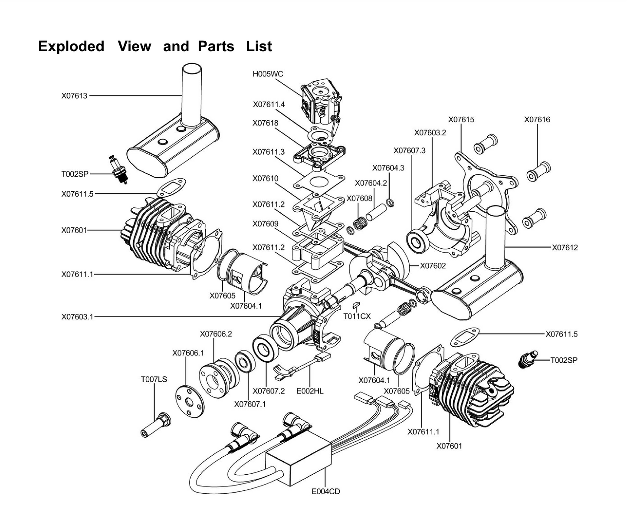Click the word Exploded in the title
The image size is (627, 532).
(71, 46)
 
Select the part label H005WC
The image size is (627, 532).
(268, 74)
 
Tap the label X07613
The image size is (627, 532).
(74, 96)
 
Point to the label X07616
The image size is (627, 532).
(537, 119)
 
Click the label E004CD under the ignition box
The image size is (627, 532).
(325, 492)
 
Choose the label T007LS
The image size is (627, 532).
(154, 379)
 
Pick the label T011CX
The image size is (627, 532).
(357, 316)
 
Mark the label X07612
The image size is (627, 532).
(565, 248)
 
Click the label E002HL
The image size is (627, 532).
(310, 391)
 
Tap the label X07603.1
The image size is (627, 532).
(77, 317)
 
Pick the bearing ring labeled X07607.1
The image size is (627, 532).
(246, 362)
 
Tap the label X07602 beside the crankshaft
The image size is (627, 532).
(433, 266)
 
